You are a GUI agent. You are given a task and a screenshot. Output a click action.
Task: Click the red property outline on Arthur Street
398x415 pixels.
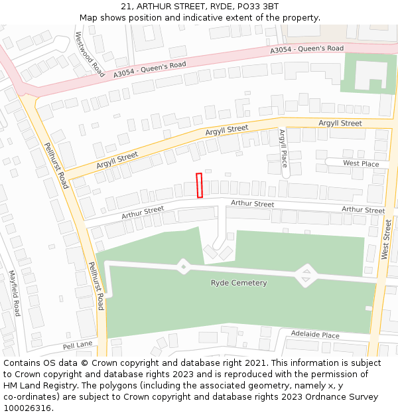pos(199,185)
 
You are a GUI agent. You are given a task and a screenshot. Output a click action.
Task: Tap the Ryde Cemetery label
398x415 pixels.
pos(239,283)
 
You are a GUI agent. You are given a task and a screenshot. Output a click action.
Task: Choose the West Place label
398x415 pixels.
pos(361,163)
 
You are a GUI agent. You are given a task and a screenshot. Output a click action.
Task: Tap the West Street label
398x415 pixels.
pos(387,240)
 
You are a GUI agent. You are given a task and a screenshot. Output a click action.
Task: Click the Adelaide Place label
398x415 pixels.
pos(316,335)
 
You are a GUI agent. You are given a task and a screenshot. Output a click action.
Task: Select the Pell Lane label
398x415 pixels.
pos(78,346)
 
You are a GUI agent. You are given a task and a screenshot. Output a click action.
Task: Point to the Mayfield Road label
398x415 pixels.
pos(15,292)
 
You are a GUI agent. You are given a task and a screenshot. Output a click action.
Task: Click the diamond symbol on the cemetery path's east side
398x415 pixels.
pos(305,275)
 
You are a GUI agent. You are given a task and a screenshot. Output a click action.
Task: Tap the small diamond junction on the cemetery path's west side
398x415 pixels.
pos(182,267)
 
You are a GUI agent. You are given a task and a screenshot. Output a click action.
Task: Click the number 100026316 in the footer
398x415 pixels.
pos(28,408)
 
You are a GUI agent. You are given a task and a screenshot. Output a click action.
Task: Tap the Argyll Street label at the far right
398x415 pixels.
pos(340,124)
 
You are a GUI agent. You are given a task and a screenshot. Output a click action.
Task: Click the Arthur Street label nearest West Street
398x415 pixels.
pos(363,210)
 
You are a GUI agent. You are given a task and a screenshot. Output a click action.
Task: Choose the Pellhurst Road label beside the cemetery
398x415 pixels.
pos(96,286)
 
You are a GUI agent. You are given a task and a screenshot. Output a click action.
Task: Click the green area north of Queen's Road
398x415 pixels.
pos(368,73)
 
